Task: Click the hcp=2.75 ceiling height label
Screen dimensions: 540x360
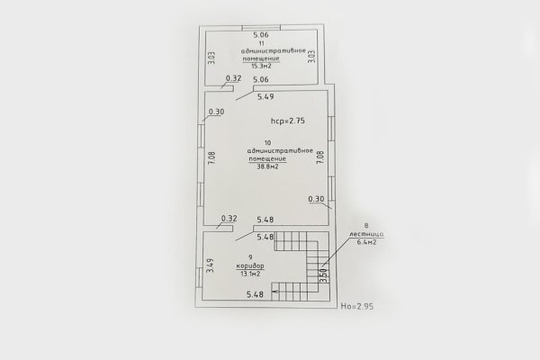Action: coord(288,121)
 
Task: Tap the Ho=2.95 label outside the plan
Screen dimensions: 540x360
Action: coord(356,306)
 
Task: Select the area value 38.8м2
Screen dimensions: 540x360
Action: coord(267,166)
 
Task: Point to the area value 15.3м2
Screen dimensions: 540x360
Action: coord(261,66)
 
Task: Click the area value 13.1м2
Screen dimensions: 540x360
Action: coord(250,274)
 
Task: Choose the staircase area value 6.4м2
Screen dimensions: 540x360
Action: coord(366,242)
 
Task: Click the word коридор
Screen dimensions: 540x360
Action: coord(250,266)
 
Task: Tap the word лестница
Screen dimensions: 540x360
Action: coord(366,234)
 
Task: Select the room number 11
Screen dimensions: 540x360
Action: coord(261,43)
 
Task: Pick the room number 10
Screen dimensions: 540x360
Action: coord(267,142)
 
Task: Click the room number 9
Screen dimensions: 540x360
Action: coord(250,257)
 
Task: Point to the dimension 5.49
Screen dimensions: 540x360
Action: coord(265,97)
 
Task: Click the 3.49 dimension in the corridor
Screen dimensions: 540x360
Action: coord(210,265)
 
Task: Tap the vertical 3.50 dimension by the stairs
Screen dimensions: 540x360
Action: coord(323,275)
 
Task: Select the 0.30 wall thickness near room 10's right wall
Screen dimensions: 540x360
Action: coord(316,199)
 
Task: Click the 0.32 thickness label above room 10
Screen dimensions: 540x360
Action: coord(233,78)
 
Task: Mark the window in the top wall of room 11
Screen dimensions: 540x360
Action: coord(261,28)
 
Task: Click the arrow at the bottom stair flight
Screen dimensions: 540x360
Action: coord(275,292)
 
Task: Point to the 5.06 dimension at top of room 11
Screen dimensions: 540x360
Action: coord(261,35)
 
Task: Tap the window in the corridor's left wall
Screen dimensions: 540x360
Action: coord(199,278)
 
